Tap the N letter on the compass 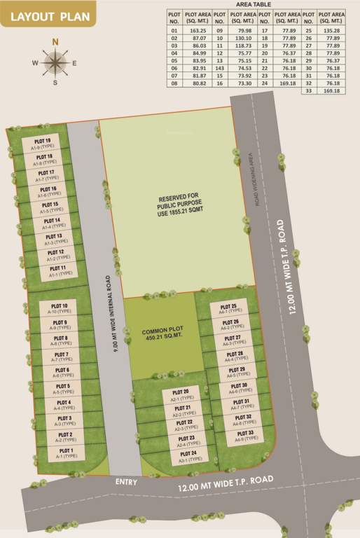[54, 41]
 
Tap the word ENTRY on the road [128, 483]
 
